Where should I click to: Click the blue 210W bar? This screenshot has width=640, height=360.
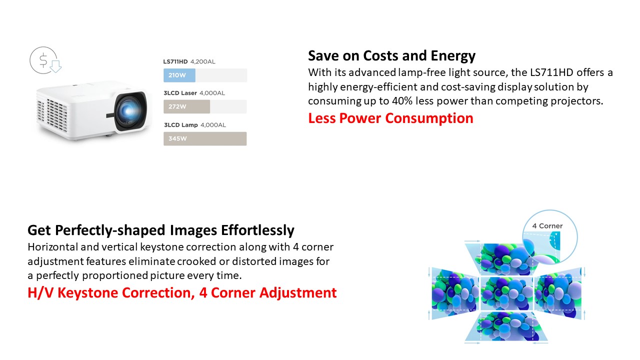point(179,75)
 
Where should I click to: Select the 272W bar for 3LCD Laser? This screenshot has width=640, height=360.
point(187,106)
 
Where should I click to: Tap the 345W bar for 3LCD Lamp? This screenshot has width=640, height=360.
point(205,138)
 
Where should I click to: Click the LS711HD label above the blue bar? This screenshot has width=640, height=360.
point(175,61)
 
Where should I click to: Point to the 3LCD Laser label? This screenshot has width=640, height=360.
point(180,93)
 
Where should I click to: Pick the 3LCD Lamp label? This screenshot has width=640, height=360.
point(181,125)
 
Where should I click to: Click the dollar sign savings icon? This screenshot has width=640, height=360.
point(45,60)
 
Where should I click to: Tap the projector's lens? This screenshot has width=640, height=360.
point(130,110)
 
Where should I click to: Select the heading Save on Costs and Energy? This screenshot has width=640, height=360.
point(391,55)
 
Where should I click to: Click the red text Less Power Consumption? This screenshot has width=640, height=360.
point(390,118)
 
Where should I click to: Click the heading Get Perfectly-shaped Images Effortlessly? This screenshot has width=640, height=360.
point(161,230)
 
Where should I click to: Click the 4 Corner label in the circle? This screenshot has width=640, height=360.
point(547,226)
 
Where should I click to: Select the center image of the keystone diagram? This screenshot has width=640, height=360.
point(507,293)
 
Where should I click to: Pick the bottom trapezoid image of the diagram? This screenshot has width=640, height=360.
point(506,326)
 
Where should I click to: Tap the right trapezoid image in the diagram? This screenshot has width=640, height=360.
point(558,293)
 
